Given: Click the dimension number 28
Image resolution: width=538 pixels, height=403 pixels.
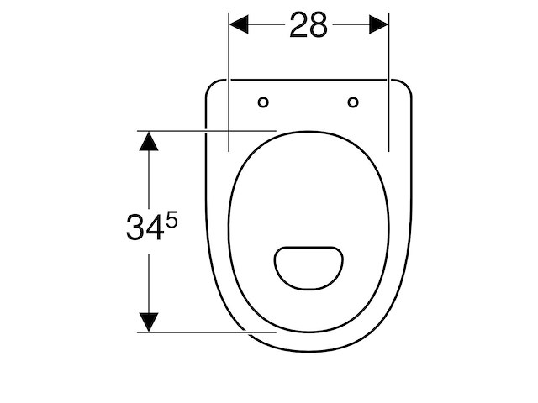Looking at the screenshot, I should [309, 26].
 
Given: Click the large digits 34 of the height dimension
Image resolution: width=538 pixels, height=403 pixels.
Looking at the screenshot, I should [144, 228].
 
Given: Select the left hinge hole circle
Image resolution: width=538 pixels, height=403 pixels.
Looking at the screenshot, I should [263, 102].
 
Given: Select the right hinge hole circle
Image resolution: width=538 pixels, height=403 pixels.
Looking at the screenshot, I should [353, 102].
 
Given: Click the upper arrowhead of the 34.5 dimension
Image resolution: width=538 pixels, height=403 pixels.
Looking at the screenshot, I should [149, 140].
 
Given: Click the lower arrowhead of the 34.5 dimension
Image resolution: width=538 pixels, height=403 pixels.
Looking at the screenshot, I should [149, 322].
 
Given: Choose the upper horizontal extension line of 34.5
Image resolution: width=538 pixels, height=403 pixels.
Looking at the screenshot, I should [210, 130].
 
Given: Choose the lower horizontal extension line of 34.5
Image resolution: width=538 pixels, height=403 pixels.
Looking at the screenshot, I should [210, 332].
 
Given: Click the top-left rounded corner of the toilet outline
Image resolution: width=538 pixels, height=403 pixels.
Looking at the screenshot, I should [211, 86].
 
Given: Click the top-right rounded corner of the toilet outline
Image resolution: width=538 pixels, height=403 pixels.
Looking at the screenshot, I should [407, 86].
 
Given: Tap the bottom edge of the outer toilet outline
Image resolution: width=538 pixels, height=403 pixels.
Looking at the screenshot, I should [309, 351].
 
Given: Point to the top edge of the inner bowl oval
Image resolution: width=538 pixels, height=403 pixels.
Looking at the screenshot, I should [309, 132].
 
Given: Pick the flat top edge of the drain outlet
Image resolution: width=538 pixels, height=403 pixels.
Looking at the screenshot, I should [309, 247].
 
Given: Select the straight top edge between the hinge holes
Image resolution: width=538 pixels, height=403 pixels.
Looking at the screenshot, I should [309, 80].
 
